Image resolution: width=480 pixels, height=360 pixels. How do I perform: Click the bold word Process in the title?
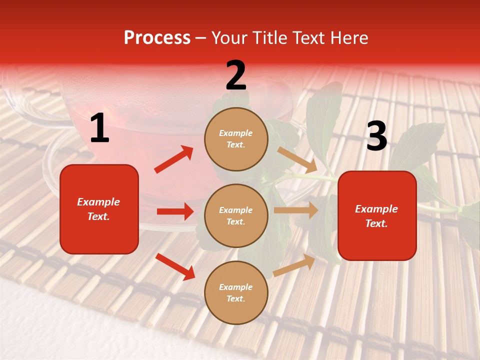157,38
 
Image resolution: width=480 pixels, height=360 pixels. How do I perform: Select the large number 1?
99,128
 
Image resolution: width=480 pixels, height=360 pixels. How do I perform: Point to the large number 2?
236,75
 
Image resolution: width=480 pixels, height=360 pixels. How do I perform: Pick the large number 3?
376,136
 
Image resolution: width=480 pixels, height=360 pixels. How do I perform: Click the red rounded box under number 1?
99,209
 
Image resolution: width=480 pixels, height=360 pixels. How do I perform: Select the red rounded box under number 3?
377,215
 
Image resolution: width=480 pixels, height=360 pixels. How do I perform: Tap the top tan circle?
236,139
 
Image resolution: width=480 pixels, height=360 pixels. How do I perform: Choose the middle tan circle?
236,215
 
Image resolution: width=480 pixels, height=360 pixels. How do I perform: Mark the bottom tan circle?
236,292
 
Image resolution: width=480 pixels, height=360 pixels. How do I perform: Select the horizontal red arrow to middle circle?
175,211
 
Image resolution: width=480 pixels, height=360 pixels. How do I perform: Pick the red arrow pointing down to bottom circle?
175,266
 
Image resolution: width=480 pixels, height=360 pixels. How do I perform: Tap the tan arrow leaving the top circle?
297,159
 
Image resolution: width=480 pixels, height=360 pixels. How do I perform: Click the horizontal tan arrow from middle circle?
296,210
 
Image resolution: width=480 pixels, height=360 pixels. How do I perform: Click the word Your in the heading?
229,38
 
